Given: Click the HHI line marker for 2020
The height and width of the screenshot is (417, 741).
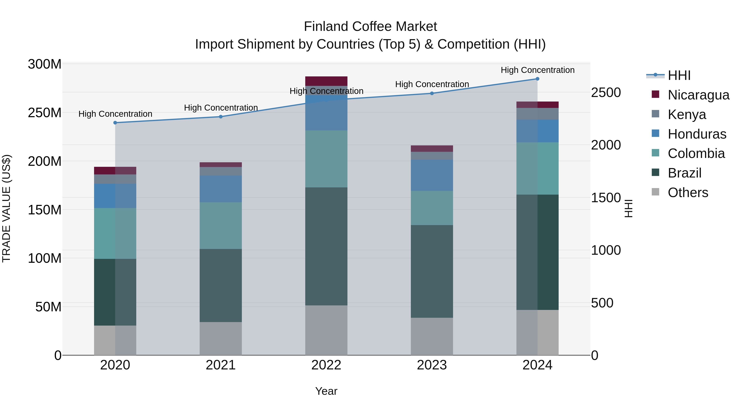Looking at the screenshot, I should [115, 123].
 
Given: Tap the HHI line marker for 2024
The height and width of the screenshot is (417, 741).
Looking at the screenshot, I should [537, 79].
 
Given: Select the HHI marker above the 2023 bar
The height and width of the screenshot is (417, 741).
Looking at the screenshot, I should [432, 93].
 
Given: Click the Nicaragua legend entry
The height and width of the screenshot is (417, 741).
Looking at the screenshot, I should [698, 95].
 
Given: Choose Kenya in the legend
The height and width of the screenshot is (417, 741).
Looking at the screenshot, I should [687, 114].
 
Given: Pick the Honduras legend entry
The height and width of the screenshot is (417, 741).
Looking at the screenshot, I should [697, 134].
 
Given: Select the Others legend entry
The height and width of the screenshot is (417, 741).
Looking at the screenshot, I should [687, 193].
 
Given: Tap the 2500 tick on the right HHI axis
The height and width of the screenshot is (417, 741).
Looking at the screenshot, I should [606, 93].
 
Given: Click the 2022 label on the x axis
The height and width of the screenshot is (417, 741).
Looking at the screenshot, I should [326, 365].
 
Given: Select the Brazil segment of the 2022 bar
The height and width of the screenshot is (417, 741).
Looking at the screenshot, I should [326, 246].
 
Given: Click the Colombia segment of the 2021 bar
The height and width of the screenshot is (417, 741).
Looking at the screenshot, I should [221, 226].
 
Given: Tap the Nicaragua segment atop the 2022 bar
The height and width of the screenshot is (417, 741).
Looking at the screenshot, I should [326, 81].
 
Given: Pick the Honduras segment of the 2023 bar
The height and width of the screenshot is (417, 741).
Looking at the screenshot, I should [432, 175].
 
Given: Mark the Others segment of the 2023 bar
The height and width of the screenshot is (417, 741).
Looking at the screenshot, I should [432, 336].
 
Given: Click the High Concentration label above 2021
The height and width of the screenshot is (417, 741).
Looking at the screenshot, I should [221, 108].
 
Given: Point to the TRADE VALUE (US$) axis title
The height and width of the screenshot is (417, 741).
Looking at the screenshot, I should [6, 208].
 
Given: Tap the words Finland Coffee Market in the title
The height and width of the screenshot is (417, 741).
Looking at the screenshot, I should [370, 27].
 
